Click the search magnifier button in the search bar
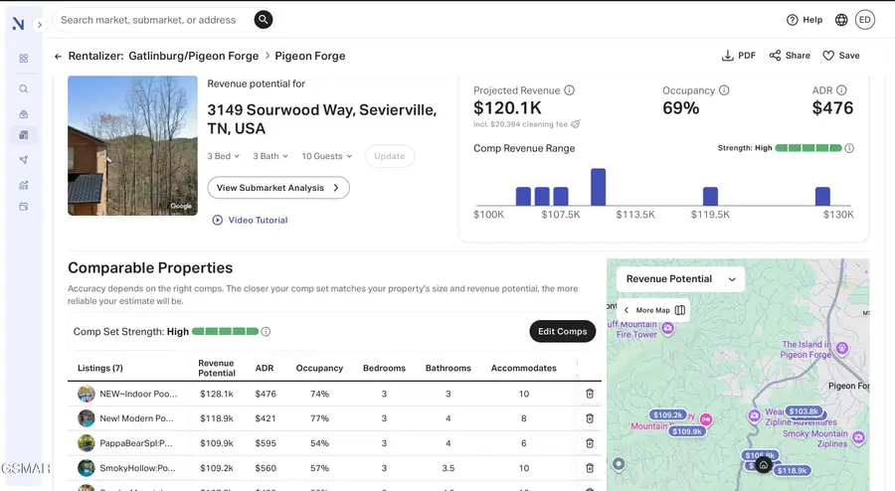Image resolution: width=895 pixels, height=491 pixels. click(x=263, y=19)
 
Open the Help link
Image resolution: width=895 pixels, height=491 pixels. click(x=805, y=20)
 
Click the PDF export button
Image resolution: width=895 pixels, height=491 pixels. click(x=739, y=56)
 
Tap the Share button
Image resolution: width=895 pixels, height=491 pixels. click(x=790, y=56)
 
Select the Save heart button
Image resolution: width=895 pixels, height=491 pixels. click(x=840, y=56)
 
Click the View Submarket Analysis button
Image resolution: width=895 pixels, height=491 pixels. click(x=277, y=187)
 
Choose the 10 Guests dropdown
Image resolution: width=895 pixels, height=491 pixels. click(x=326, y=156)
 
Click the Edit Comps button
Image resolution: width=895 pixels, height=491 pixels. click(x=562, y=331)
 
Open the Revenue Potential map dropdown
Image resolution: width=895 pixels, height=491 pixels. click(x=680, y=279)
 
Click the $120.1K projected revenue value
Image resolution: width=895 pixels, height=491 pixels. click(x=507, y=107)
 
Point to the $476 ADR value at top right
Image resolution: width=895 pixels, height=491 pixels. click(x=832, y=107)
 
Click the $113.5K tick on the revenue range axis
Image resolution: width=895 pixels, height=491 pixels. click(x=634, y=214)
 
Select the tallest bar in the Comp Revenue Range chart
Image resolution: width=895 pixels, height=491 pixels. click(x=598, y=187)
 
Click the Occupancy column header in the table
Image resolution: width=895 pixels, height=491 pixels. click(x=319, y=368)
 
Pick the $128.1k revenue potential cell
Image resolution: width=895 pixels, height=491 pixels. click(x=216, y=394)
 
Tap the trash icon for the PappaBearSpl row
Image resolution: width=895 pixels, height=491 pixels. click(x=589, y=443)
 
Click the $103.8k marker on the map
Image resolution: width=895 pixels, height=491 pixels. click(x=803, y=410)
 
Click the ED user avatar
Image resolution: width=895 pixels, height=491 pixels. click(x=864, y=20)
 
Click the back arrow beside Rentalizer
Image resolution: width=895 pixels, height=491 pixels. click(x=58, y=57)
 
